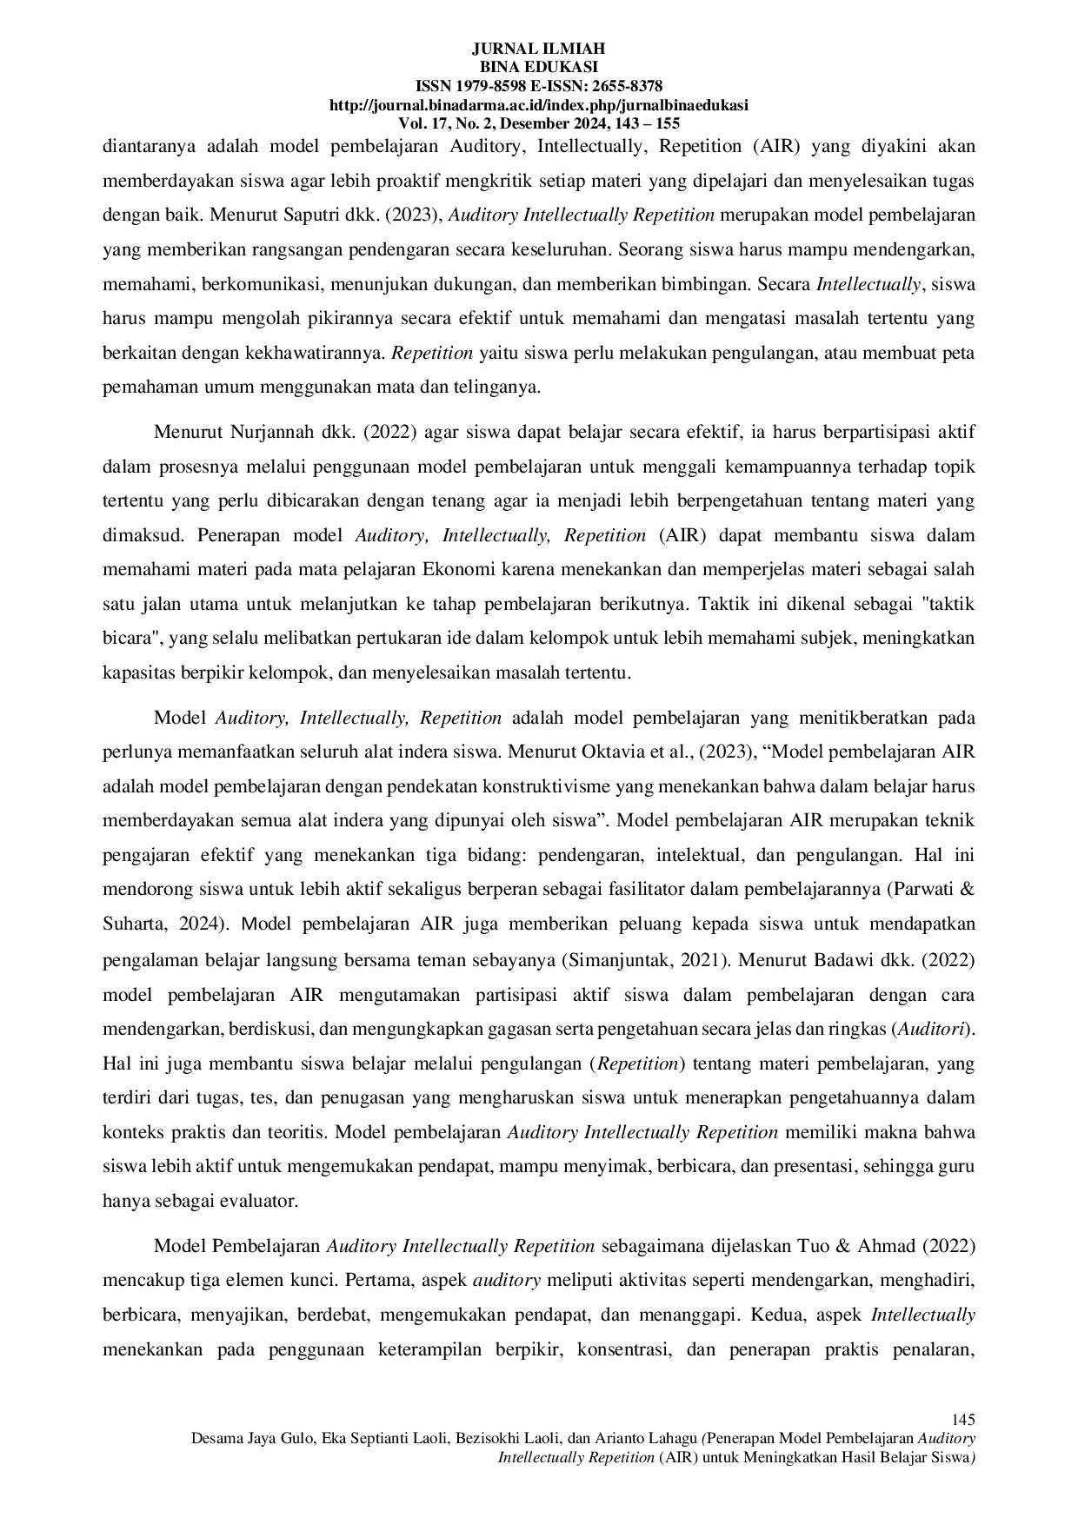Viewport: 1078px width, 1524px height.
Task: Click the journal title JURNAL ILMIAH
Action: pyautogui.click(x=538, y=49)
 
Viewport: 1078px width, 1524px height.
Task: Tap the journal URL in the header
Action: pyautogui.click(x=538, y=105)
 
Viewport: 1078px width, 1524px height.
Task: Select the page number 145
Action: pyautogui.click(x=963, y=1420)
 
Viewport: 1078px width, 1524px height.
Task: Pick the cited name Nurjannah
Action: pyautogui.click(x=267, y=433)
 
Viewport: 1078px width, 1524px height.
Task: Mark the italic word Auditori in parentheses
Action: pyautogui.click(x=931, y=1029)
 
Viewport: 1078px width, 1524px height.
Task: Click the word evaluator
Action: pyautogui.click(x=261, y=1202)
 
